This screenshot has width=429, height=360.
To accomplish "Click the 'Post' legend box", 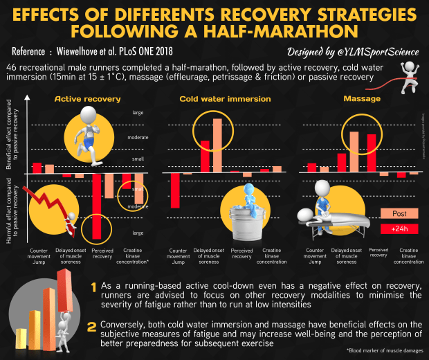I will (x=399, y=213).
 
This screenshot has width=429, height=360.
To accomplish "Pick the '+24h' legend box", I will (x=399, y=228).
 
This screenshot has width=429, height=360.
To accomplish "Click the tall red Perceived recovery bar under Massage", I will (x=371, y=152).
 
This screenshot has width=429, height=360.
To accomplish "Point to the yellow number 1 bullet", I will (x=93, y=287).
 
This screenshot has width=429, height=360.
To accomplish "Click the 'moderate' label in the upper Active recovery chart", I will (x=138, y=137).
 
